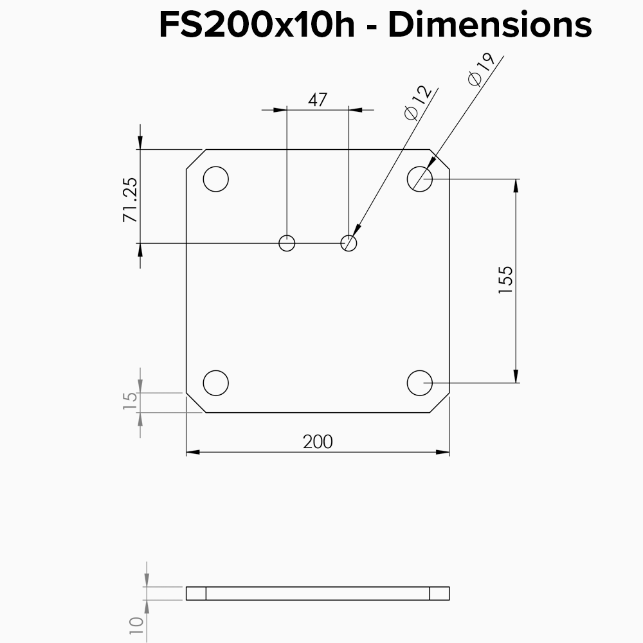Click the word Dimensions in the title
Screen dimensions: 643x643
coord(489,26)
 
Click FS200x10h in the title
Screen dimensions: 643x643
coord(257,26)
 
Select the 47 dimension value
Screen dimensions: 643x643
coord(318,100)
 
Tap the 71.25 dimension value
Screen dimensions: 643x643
coord(130,200)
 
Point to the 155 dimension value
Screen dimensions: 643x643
coord(506,280)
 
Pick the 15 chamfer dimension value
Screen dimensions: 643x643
coord(130,397)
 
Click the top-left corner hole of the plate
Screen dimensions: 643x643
coord(216,179)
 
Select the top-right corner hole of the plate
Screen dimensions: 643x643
coord(420,179)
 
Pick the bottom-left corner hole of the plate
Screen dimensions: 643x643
coord(216,383)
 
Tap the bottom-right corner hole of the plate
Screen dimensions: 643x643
coord(420,383)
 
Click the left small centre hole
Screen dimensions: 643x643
coord(287,243)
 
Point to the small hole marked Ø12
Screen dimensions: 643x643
coord(349,243)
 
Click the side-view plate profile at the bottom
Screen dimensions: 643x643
coord(318,593)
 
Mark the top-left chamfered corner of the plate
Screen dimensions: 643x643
coord(195,159)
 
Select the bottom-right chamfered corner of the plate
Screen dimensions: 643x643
coord(440,403)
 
